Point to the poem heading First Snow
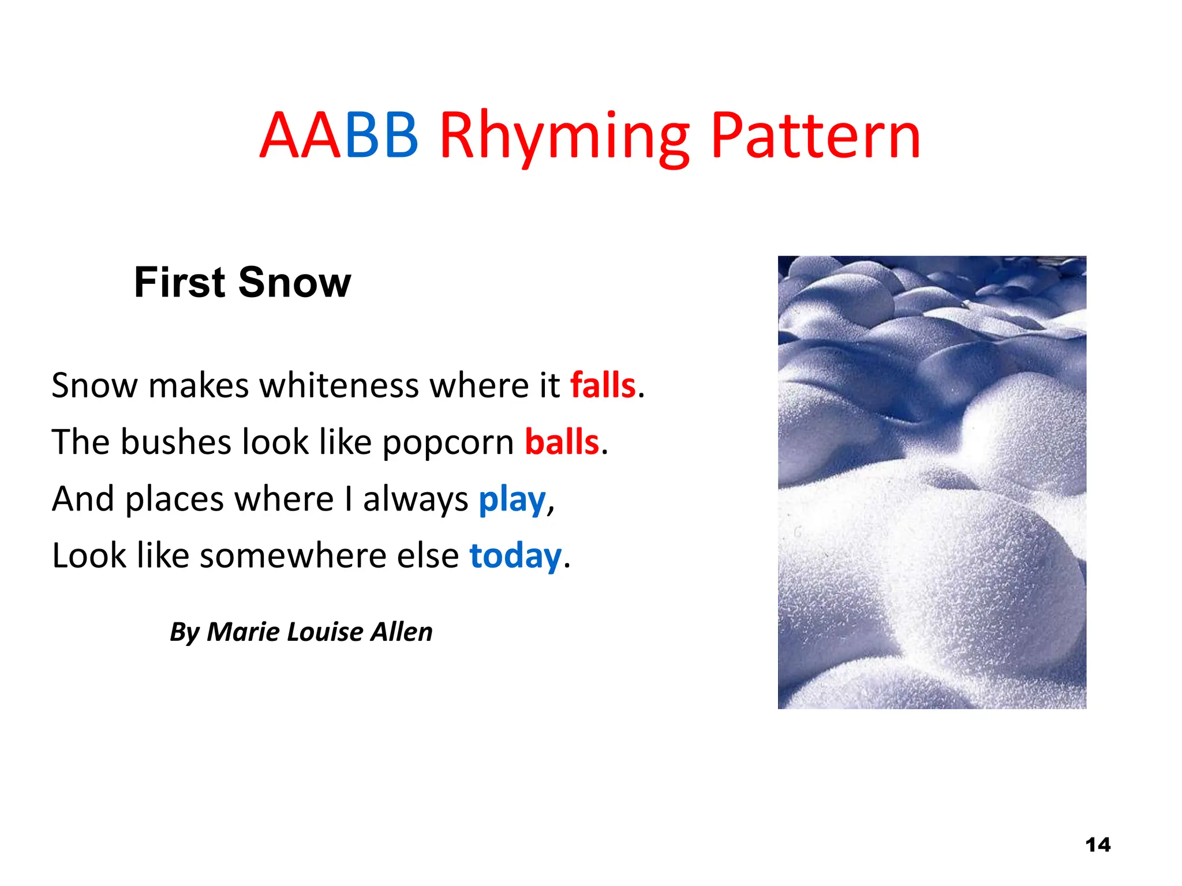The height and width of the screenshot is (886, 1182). coord(242,283)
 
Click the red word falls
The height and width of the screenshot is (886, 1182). coord(603,385)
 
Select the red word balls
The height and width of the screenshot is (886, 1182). coord(562,442)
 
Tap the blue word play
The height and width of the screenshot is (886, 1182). coord(512,499)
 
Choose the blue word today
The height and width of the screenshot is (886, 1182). coord(515,555)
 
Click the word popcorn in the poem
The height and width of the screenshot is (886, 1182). coord(448,443)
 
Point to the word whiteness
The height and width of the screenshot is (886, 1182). coord(339,385)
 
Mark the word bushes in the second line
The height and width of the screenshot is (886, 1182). coord(175,442)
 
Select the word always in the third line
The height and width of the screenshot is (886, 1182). coord(416,499)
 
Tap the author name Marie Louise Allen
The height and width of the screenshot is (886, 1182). coord(319,632)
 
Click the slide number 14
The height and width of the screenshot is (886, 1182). coord(1097,844)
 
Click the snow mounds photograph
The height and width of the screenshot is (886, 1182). coord(932,482)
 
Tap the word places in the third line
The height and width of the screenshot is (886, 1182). coord(174,499)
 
